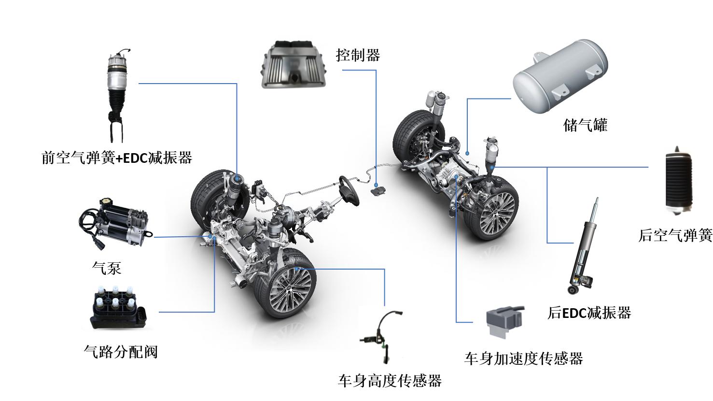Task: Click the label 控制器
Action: pos(358,55)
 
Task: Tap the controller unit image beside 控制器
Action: pos(294,65)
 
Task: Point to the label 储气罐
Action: pos(585,126)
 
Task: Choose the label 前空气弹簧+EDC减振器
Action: pos(117,158)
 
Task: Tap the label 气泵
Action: pos(106,268)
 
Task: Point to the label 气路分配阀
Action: pos(121,352)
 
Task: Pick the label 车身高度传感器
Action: pos(390,381)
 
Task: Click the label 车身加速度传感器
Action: pos(524,358)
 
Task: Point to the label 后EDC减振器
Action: pos(589,313)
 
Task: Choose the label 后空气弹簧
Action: pos(675,235)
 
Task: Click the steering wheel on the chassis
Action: pos(348,190)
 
